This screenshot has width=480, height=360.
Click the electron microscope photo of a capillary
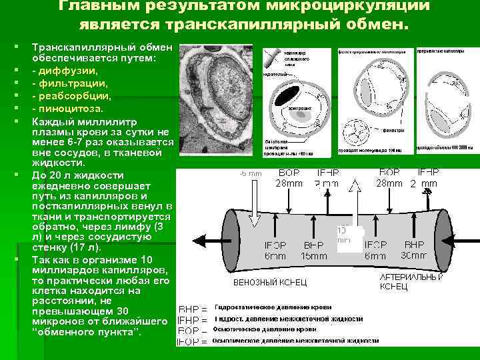click(216, 100)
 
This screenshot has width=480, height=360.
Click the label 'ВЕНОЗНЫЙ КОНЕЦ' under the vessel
click(270, 283)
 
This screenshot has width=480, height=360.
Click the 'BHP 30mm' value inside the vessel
click(413, 249)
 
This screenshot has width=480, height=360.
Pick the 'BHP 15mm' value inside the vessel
click(313, 249)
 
